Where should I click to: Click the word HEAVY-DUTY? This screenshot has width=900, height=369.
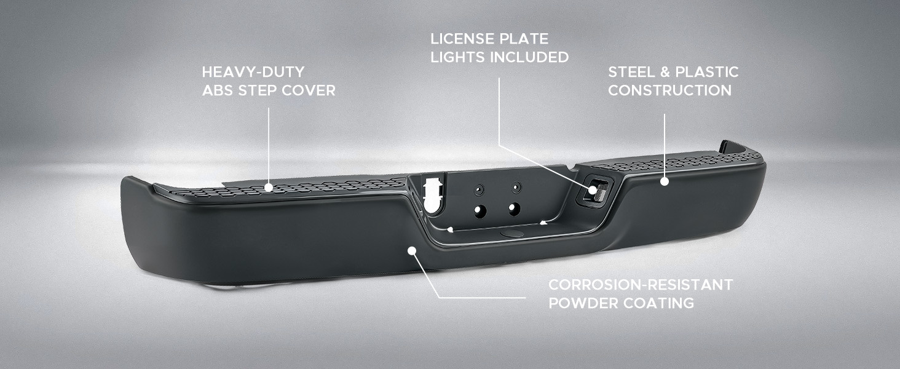tap(253, 73)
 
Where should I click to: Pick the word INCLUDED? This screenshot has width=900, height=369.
tap(529, 57)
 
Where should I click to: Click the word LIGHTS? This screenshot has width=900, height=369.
tap(457, 57)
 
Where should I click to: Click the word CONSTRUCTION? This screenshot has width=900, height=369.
tap(670, 90)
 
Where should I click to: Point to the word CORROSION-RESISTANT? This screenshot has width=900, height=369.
tap(641, 285)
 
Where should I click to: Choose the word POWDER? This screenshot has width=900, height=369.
tap(582, 303)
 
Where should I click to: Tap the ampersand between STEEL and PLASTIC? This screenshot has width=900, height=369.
tap(665, 73)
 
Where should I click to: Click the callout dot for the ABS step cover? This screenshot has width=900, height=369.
tap(269, 188)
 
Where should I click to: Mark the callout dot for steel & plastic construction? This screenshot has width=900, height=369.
tap(665, 181)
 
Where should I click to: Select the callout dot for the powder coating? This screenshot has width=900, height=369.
tap(411, 251)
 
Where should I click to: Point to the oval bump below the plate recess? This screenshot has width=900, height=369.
tap(512, 234)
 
